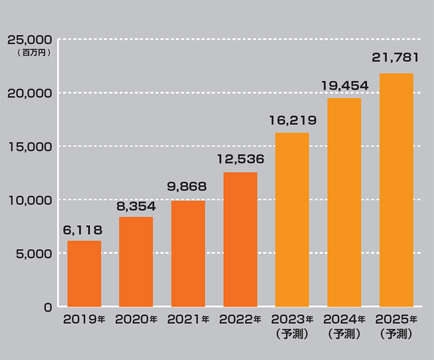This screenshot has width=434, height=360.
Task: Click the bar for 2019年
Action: [84, 274]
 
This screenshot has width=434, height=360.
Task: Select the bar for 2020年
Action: [136, 262]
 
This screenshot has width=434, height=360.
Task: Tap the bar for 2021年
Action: [188, 254]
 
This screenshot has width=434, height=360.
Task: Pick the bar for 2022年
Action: [240, 239]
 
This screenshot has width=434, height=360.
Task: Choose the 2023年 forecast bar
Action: [292, 220]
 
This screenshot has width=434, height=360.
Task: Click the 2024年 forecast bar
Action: [344, 202]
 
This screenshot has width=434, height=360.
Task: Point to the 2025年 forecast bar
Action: [396, 190]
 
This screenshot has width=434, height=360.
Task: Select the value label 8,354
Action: [135, 206]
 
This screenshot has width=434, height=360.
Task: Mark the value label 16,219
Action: [292, 121]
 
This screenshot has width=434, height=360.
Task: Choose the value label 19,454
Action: [344, 86]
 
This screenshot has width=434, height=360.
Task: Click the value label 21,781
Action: [396, 58]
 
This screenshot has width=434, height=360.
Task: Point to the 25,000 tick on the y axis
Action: [29, 40]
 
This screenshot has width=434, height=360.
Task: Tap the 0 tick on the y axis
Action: [47, 307]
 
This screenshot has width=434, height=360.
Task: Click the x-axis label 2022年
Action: [240, 319]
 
